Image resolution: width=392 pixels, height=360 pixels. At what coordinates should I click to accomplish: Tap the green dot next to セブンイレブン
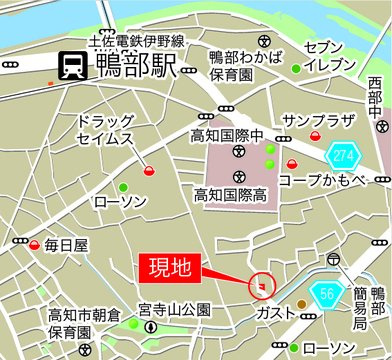coord(296,68)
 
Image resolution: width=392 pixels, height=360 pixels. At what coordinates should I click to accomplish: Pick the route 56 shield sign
coord(328,291)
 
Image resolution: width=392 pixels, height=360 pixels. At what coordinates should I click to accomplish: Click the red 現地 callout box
coord(169,268)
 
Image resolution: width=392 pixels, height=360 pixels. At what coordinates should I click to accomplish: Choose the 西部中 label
coord(374,99)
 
